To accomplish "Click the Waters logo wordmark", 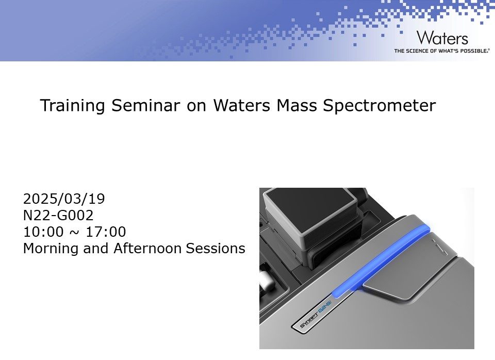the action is point(442,38).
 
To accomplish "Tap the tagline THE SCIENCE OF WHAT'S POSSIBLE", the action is point(442,51).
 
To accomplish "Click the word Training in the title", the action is point(72,106).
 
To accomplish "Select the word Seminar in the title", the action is point(145,106).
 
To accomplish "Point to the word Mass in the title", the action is point(296,106).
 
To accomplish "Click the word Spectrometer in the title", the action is point(379,106).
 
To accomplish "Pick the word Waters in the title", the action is point(241,106).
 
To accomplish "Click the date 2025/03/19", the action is point(64,199).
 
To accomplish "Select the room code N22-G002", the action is point(58,216).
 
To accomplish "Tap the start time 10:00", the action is point(43,232).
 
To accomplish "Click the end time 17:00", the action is point(106,232).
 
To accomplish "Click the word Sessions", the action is point(216,248).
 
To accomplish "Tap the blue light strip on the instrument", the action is point(382,261).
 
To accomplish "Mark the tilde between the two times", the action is point(74,233).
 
